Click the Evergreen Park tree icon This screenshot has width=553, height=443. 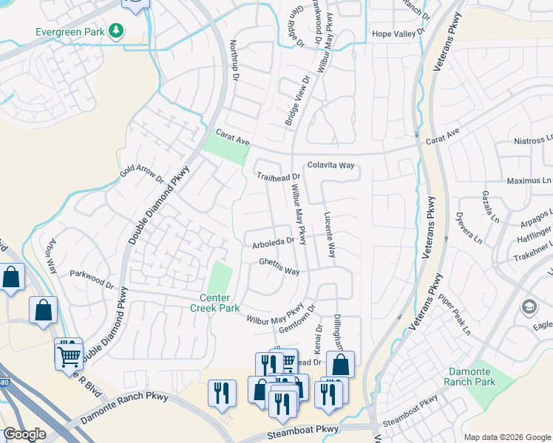point(115,30)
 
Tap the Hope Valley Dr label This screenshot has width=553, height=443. point(399,33)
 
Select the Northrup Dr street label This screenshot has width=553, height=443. point(234,61)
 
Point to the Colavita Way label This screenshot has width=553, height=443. point(331,166)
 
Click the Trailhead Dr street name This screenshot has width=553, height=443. point(279,176)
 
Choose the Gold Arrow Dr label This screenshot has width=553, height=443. point(142,174)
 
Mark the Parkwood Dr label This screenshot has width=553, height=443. point(92,278)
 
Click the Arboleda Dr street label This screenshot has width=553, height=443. point(273,240)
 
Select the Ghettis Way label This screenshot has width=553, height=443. point(279,266)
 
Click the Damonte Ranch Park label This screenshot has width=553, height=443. point(470,377)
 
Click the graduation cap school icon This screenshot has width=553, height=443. point(529,306)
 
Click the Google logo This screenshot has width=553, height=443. point(24,434)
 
